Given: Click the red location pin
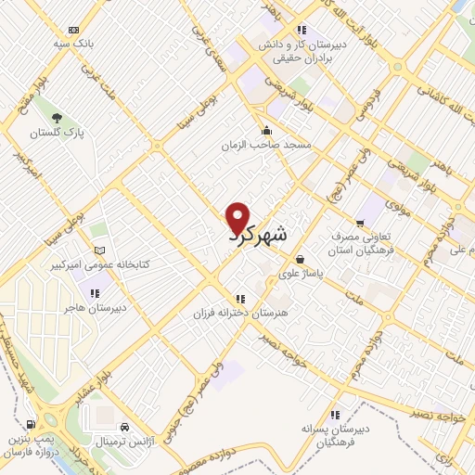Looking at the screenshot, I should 238,217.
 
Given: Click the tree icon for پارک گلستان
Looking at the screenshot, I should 58,118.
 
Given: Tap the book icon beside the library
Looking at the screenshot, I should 101,250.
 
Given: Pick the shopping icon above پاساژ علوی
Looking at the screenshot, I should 300,260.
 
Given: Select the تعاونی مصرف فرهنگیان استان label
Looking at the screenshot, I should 370,244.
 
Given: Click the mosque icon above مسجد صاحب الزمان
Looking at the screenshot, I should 266,130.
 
